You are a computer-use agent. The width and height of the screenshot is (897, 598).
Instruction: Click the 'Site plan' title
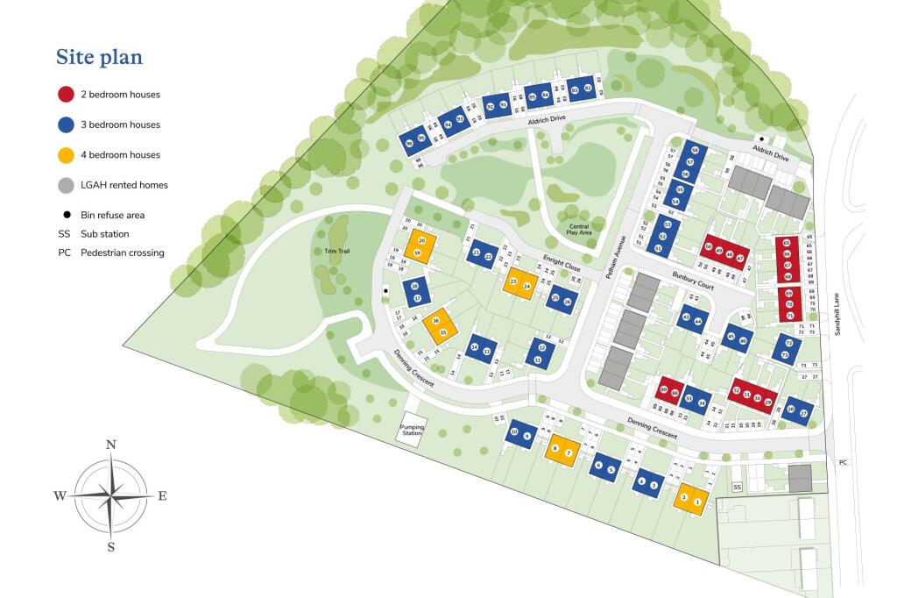pos(99,58)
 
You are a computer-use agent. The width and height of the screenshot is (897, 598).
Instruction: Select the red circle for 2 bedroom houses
pos(65,95)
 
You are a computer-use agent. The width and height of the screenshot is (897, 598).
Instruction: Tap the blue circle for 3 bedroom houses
pos(65,125)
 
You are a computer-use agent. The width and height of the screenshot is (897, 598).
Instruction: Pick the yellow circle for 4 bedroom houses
pos(65,155)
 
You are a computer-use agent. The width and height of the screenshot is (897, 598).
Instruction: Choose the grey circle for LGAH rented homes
pos(65,185)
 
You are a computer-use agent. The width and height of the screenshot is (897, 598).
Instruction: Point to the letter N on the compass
pos(111,445)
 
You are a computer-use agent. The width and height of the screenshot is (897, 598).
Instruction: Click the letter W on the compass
pos(60,496)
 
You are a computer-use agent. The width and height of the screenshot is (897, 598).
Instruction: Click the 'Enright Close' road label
pos(561,264)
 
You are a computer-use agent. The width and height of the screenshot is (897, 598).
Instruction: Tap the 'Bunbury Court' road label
pos(693,286)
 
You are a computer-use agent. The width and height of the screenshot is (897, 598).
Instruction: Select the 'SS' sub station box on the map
pos(737,488)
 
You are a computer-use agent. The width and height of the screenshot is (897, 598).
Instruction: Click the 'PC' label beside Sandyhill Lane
pos(843,462)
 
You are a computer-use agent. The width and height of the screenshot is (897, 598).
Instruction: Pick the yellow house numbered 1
pos(697,502)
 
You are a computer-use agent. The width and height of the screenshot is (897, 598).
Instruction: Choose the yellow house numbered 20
pos(422,240)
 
